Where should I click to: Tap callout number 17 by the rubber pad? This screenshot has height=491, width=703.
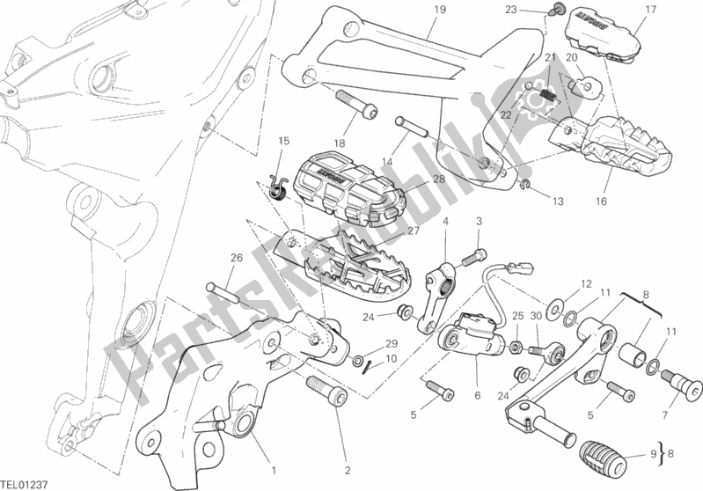point(651,11)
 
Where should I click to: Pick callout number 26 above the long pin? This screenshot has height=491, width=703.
point(236,258)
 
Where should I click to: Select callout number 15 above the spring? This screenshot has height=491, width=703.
point(283,141)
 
